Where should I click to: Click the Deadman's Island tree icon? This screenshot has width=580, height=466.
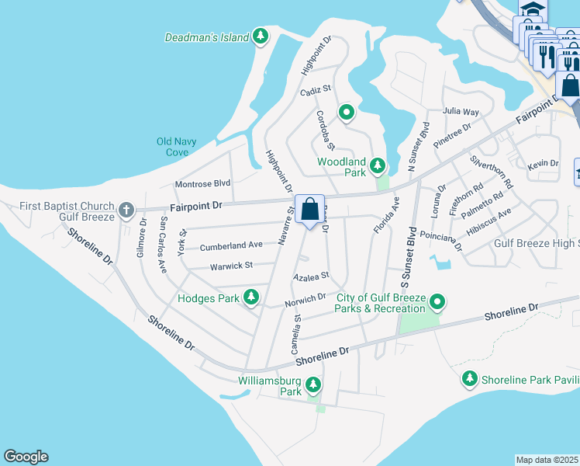pos(261,37)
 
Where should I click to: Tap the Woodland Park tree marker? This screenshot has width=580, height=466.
pos(378,165)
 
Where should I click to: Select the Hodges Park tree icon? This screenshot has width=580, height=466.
pos(250,297)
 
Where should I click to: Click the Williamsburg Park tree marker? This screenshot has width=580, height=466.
pos(313,384)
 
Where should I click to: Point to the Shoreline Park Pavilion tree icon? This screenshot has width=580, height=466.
pos(469,379)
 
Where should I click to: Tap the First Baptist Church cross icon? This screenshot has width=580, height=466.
pos(126,210)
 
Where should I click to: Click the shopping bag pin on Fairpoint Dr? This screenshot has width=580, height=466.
pos(309,209)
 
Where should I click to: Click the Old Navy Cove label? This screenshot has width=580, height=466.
pos(177,147)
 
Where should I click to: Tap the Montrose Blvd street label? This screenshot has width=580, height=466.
pos(203,183)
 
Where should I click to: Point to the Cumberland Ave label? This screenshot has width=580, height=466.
pos(231,245)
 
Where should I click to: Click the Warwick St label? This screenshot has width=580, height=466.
pos(231,266)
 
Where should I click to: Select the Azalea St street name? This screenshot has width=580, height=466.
pos(311,276)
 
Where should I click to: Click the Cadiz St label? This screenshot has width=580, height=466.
pos(316,91)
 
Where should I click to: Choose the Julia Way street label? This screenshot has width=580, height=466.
pos(461,111)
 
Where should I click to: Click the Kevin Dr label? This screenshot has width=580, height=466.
pos(543,164)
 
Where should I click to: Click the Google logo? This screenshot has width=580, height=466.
pos(26,457)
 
